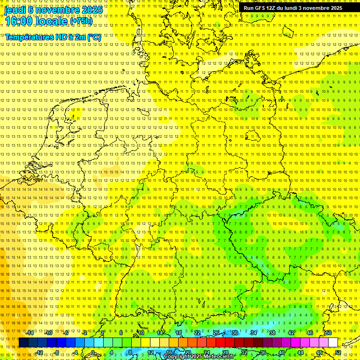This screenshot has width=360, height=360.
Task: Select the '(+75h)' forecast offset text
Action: [x=81, y=21]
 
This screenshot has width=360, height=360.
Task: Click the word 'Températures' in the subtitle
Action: [x=30, y=37]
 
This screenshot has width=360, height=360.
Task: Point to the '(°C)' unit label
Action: [x=94, y=37]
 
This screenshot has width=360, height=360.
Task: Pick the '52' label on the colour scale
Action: [x=338, y=352]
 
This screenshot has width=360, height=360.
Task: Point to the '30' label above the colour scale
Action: [x=234, y=333]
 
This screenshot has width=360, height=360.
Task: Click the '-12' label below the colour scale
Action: [x=39, y=352]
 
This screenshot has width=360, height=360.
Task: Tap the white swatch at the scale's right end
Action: [x=333, y=342]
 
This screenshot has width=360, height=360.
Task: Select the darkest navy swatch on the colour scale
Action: [x=23, y=342]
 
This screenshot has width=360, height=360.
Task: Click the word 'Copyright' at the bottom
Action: [x=176, y=357]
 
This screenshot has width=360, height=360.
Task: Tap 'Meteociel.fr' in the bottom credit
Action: [x=220, y=357]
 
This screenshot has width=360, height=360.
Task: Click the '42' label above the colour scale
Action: [x=291, y=333]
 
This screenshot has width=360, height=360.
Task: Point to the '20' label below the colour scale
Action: [x=187, y=352]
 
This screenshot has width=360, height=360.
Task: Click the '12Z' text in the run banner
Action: [x=277, y=8]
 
